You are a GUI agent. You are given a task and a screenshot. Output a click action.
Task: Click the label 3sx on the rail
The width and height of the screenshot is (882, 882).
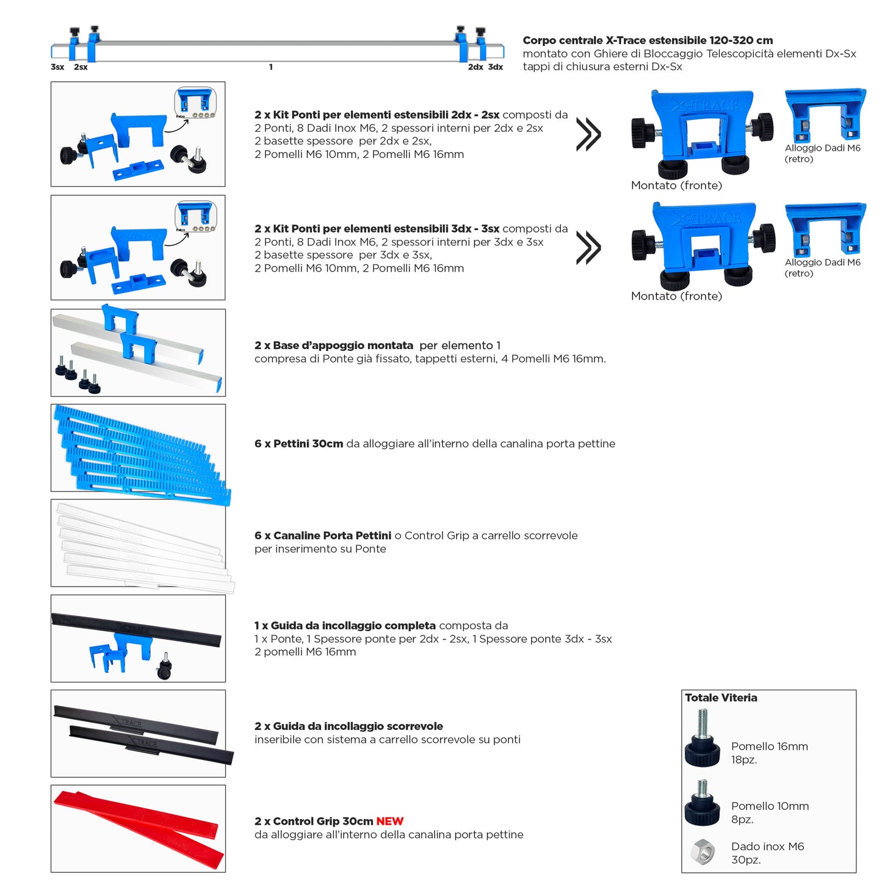[57, 67]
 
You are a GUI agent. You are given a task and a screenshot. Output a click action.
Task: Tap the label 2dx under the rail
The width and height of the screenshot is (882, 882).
[475, 67]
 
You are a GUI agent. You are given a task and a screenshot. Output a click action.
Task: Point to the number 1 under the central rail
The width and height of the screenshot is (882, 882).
[270, 67]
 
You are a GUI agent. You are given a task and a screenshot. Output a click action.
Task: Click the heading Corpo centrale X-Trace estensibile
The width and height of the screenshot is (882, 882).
[648, 40]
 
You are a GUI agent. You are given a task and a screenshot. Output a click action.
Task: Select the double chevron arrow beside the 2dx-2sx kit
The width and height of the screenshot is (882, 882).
[588, 134]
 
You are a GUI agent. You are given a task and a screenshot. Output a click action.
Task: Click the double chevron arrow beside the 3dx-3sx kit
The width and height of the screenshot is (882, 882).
[588, 248]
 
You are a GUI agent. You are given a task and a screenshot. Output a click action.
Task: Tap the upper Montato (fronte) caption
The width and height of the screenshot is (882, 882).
[676, 186]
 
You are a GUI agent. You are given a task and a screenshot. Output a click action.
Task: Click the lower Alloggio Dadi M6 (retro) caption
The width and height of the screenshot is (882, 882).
[822, 268]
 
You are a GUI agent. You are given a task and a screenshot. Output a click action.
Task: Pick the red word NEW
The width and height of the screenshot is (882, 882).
[389, 822]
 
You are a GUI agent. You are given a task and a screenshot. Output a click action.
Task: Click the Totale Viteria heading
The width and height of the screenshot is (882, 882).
[721, 698]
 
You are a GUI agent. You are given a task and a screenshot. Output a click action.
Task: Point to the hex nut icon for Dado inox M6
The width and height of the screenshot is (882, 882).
[703, 852]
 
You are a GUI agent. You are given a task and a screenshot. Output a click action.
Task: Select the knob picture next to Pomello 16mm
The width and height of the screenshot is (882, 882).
[703, 740]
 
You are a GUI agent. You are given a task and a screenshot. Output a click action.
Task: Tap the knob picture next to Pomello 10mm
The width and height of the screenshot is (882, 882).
[702, 803]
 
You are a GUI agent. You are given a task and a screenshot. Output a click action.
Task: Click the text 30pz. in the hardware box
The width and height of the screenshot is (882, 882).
[746, 860]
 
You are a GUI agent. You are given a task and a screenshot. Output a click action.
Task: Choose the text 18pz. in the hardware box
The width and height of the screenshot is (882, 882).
[744, 760]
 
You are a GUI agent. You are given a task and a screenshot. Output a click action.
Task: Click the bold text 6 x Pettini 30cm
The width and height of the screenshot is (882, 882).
[298, 444]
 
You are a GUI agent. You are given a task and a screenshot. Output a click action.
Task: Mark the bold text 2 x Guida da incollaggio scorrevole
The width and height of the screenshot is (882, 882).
[349, 726]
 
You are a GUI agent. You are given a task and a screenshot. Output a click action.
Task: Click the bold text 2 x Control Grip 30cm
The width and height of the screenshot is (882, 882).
[314, 822]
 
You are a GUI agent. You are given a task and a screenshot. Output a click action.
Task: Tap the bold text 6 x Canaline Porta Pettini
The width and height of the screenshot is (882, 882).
[323, 536]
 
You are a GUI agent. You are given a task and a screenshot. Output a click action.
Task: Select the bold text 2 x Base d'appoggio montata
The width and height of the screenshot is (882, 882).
[333, 345]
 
